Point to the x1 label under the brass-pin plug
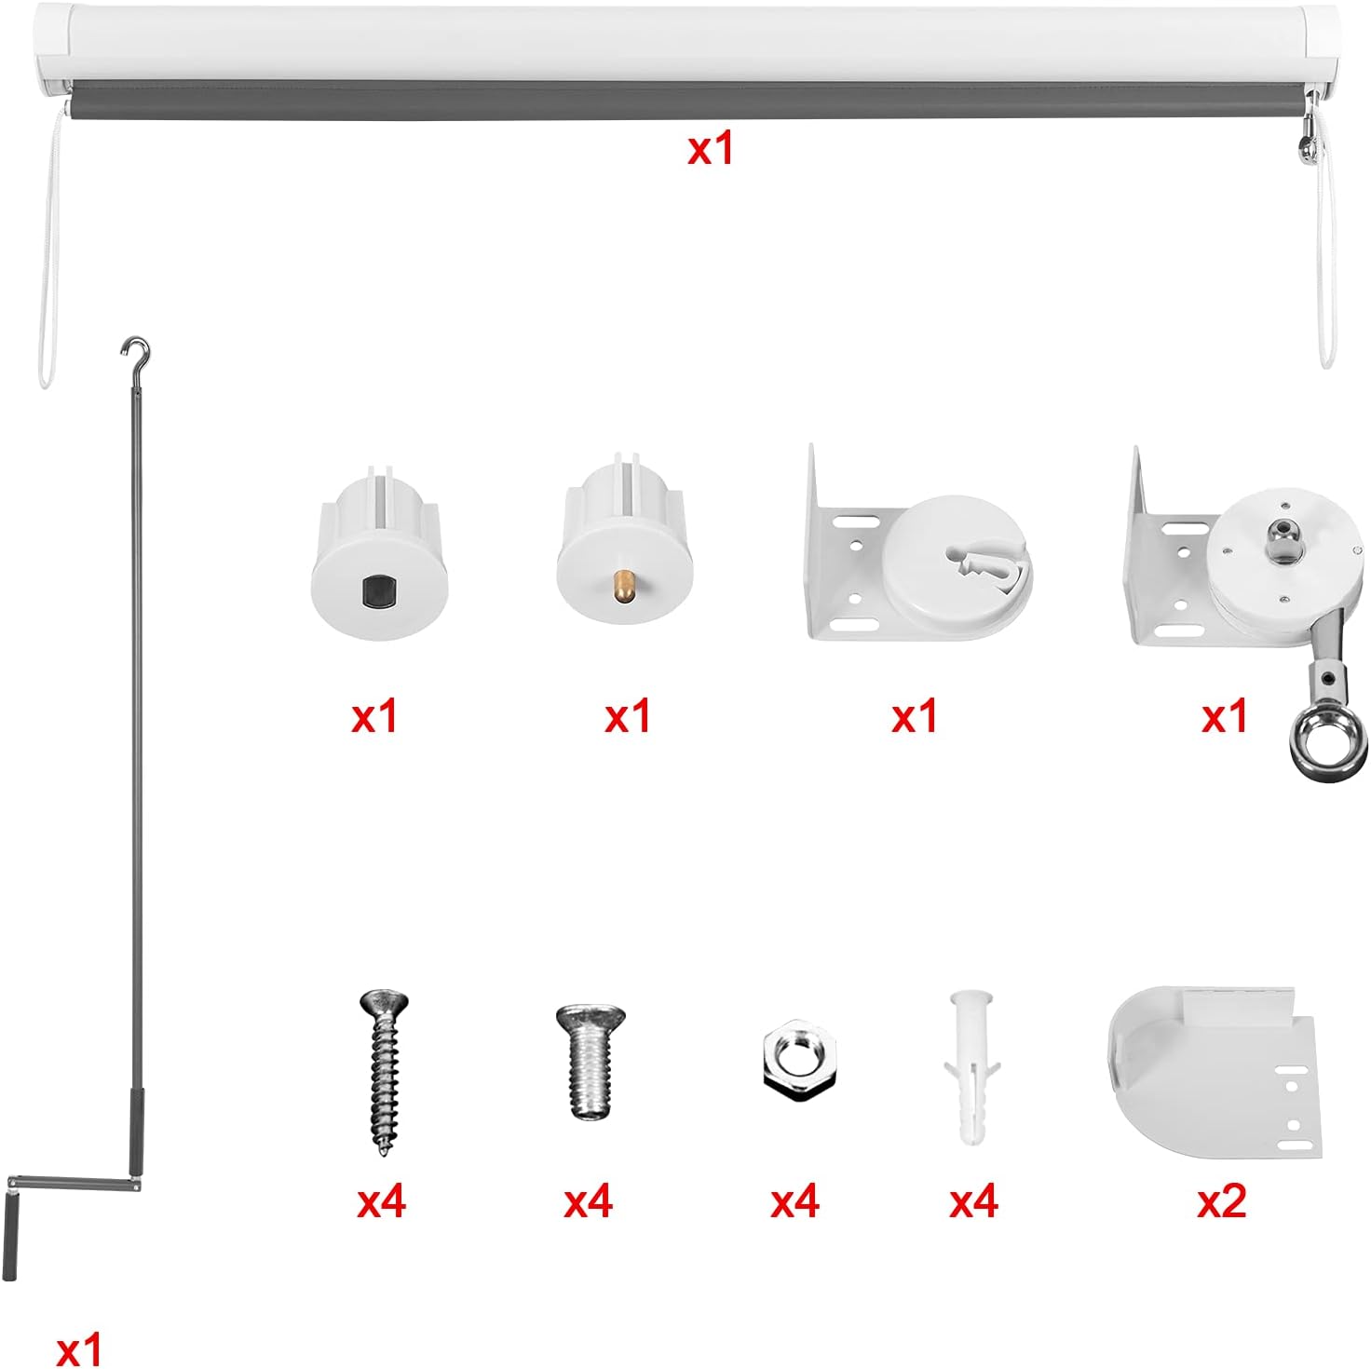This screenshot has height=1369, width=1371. [x=628, y=715]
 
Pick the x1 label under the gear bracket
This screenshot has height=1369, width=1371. [x=1225, y=715]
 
